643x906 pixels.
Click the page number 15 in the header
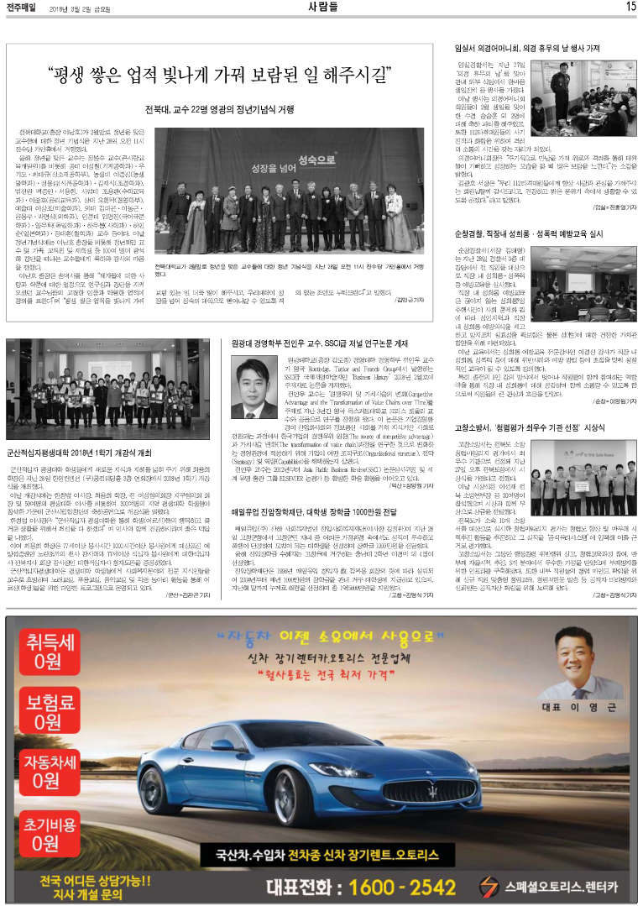click(x=630, y=7)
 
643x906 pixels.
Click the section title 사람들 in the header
click(x=323, y=7)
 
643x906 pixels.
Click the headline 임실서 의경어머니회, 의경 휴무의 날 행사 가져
click(x=526, y=49)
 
